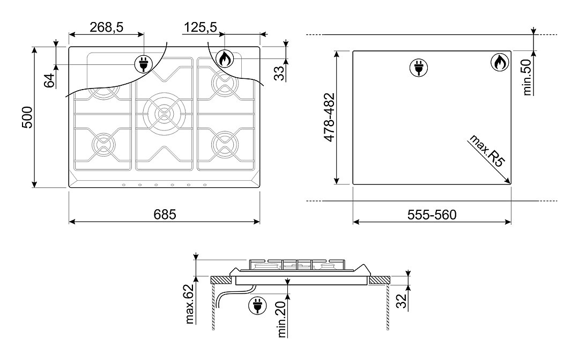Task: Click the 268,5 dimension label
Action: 106,27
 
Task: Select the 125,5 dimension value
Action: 201,27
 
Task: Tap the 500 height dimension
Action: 28,117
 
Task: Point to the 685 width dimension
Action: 165,215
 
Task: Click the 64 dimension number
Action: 49,80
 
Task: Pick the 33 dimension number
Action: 279,73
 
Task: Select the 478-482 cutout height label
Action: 329,117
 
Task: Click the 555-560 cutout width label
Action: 432,215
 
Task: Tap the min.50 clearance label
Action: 528,77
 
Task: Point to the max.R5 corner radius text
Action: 486,151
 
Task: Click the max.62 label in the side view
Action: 190,304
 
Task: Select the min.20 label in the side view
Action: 282,319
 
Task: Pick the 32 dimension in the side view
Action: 401,300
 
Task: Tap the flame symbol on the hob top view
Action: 224,58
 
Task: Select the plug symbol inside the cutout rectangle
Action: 419,68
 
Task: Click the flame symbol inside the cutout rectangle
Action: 500,62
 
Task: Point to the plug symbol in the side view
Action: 258,305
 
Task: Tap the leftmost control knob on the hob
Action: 123,185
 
